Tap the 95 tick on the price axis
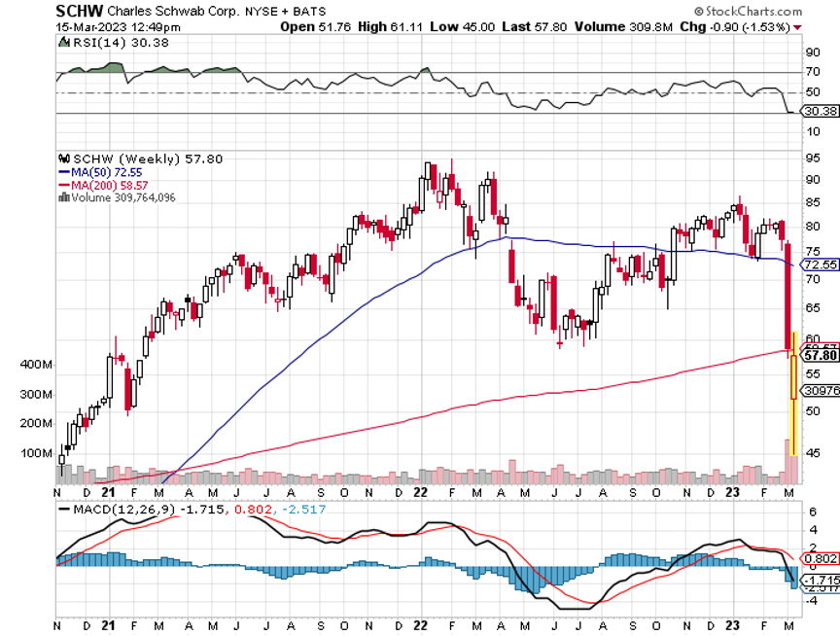[811, 158]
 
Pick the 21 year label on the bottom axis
[118, 626]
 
